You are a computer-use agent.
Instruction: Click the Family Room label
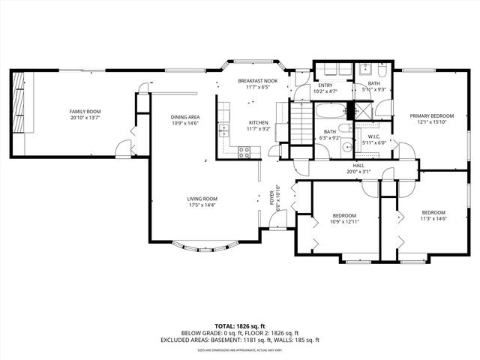(84, 111)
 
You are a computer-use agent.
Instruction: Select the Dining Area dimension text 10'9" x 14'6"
(184, 123)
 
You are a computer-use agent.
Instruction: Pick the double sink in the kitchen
(223, 130)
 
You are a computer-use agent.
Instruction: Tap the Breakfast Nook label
(257, 80)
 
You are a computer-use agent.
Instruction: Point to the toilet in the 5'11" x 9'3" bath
(382, 73)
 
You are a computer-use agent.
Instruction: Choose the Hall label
(358, 165)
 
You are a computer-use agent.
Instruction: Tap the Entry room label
(325, 85)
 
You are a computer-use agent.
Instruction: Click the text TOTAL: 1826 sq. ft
(240, 325)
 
